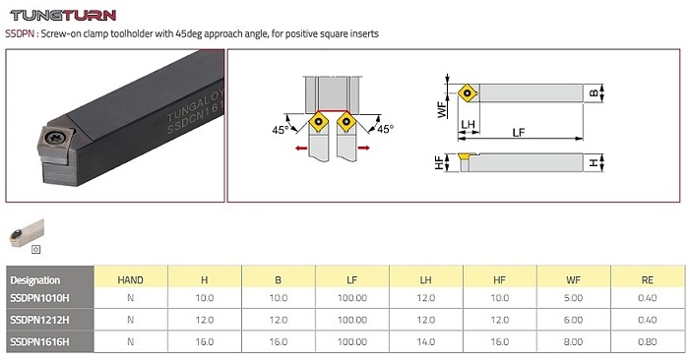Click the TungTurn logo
(x=63, y=16)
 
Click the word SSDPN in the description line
(x=20, y=33)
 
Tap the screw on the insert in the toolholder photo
(x=56, y=138)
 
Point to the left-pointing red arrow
(x=301, y=149)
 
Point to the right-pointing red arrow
(x=364, y=148)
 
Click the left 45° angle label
(x=281, y=130)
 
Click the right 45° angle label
(x=386, y=129)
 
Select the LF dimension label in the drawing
(x=519, y=132)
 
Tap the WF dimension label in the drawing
(x=442, y=109)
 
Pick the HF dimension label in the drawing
(x=439, y=163)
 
